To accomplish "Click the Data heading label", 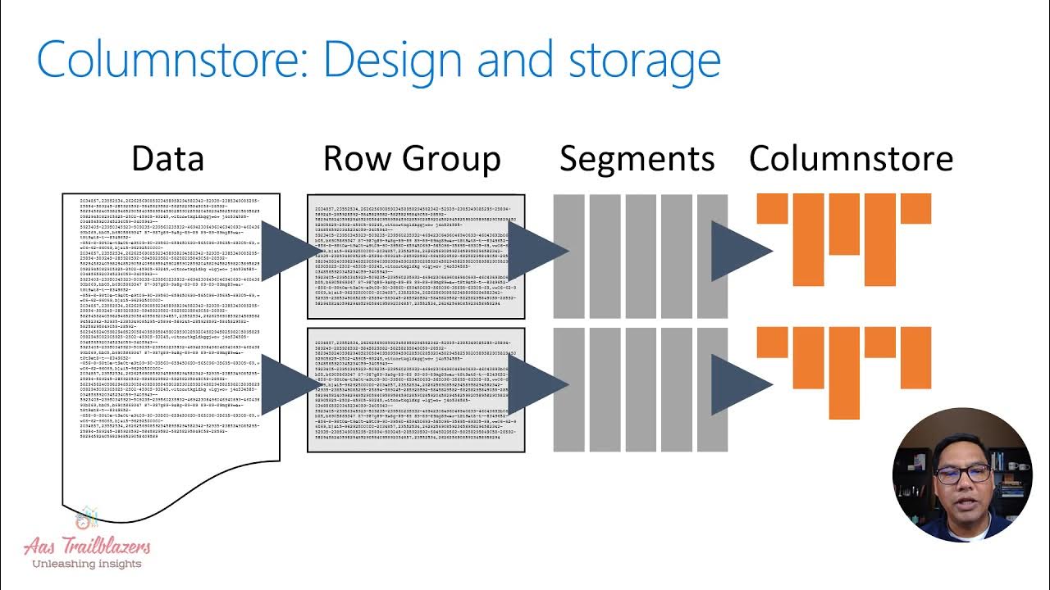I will pyautogui.click(x=167, y=158).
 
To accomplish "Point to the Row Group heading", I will pyautogui.click(x=412, y=158).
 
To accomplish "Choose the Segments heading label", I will pyautogui.click(x=637, y=158).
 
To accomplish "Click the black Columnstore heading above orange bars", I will pyautogui.click(x=851, y=158).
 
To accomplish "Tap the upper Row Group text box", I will pyautogui.click(x=416, y=256).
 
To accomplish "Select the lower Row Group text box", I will pyautogui.click(x=416, y=390).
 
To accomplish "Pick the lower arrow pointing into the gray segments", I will pyautogui.click(x=537, y=383).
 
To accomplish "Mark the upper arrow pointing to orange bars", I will pyautogui.click(x=738, y=250).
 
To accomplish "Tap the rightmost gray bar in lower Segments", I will pyautogui.click(x=712, y=390).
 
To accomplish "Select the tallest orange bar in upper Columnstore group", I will pyautogui.click(x=879, y=239).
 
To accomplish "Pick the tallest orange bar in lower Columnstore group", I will pyautogui.click(x=844, y=373).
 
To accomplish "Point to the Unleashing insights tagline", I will pyautogui.click(x=86, y=564).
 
